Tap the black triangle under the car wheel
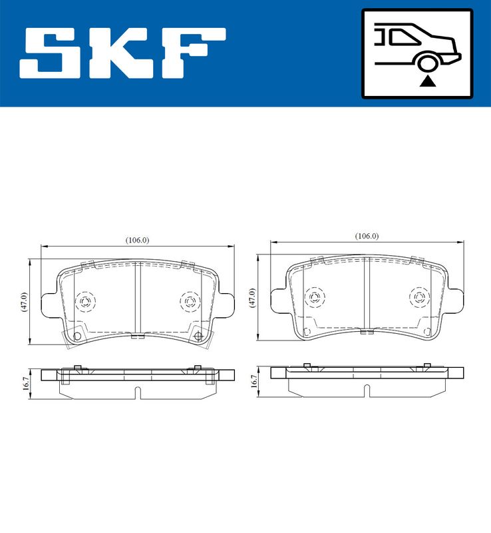tap(428, 81)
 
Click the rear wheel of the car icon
tap(428, 63)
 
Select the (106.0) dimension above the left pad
tap(138, 241)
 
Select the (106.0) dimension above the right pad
tap(367, 236)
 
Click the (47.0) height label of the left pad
tap(24, 301)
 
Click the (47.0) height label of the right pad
tap(252, 298)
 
